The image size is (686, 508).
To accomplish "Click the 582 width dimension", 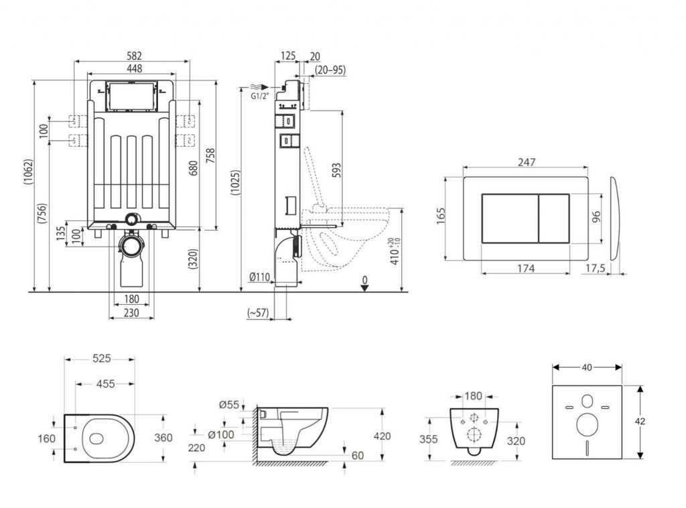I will coord(132,55).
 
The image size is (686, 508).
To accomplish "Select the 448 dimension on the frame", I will coord(132,68).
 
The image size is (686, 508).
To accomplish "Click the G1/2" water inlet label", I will coord(260,96).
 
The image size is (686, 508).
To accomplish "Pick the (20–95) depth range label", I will coord(330,70).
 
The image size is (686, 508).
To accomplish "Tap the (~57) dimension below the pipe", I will coord(257,312).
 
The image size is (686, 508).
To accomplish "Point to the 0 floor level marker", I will coord(364,278).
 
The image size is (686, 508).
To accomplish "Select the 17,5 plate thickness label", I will coord(596,268).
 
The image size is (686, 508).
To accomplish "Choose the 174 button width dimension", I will coord(525,268).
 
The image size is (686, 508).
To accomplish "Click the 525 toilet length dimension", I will coord(100,359).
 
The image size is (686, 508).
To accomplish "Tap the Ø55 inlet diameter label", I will coord(229,403).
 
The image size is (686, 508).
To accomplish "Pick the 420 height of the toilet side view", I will coord(383,436).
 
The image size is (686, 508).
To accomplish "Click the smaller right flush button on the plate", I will coord(554,218).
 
